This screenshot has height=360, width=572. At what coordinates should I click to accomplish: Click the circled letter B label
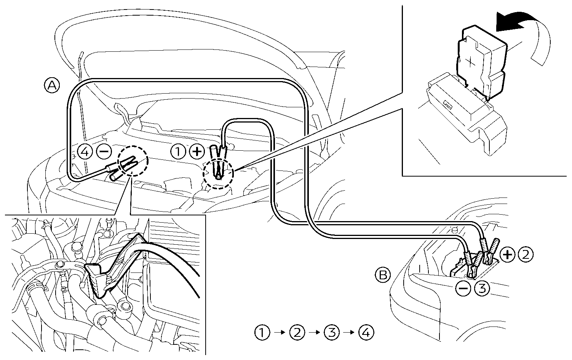[x=383, y=275]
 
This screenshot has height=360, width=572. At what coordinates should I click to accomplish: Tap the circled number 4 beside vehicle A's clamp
[x=85, y=152]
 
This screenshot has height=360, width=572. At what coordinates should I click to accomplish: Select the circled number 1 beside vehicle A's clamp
[x=178, y=152]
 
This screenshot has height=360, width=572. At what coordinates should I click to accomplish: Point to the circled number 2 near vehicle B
[x=526, y=254]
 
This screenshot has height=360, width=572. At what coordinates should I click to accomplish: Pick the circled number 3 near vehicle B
[x=482, y=289]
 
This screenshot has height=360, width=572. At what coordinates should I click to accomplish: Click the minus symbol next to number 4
[x=104, y=152]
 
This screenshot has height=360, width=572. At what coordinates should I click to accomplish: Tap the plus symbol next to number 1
[x=197, y=152]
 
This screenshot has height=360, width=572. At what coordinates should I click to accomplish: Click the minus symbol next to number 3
[x=463, y=289]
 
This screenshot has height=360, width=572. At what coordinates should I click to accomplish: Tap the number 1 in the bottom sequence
[x=262, y=333]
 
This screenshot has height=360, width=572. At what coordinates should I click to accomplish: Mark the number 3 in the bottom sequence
[x=331, y=333]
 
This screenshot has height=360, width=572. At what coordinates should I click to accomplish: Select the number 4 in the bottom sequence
[x=366, y=333]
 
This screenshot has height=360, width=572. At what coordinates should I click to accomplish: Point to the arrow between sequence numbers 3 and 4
[x=349, y=333]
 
